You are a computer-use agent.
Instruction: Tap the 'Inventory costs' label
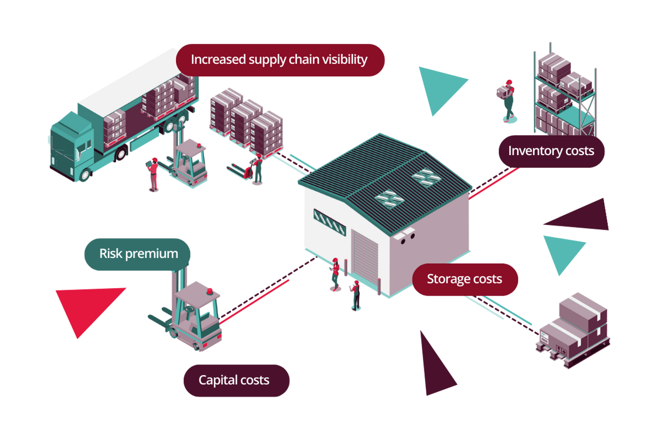tap(551, 151)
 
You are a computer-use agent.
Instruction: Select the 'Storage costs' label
tap(465, 279)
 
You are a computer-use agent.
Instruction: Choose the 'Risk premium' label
tap(138, 254)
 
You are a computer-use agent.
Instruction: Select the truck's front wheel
tap(85, 175)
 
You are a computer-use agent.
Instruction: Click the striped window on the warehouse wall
tap(330, 222)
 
